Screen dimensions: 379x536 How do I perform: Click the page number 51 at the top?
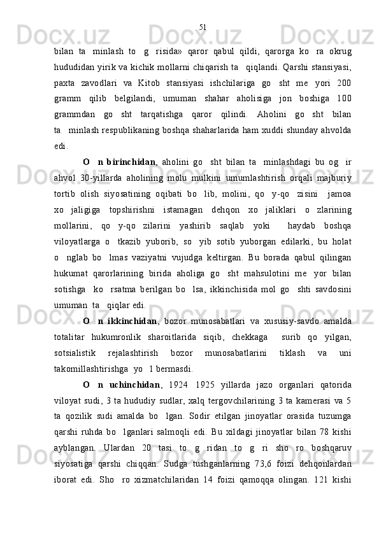[x=203, y=27]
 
